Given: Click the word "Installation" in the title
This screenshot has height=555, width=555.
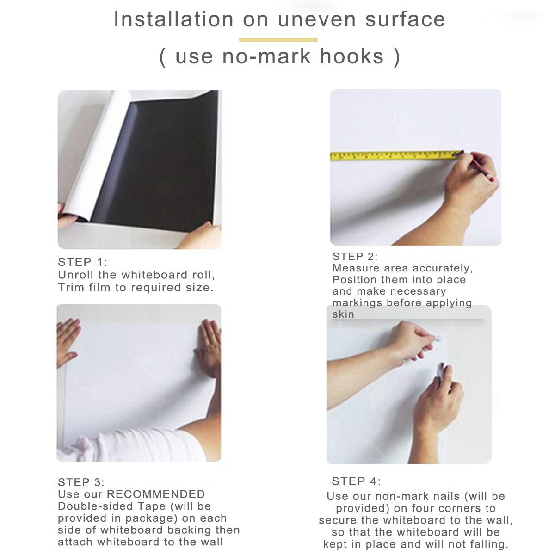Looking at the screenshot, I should click(x=174, y=20).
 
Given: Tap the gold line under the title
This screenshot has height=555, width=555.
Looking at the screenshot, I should click(x=278, y=40).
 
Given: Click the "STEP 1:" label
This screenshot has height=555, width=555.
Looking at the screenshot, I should click(x=82, y=262).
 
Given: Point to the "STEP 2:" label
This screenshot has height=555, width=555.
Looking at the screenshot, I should click(x=355, y=256).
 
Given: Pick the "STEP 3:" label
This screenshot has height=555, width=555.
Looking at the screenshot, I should click(x=81, y=482).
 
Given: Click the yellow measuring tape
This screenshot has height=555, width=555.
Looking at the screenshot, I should click(x=393, y=155).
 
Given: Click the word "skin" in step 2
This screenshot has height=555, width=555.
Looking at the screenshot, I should click(x=343, y=314).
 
